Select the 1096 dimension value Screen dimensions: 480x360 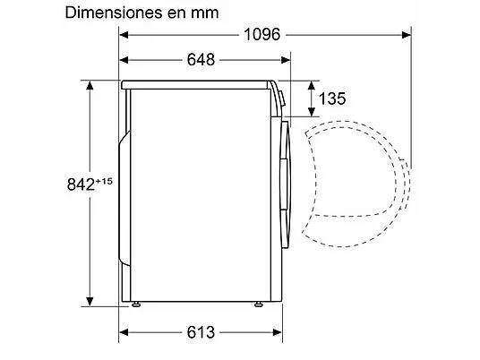point(262,34)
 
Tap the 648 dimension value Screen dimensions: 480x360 point(201,59)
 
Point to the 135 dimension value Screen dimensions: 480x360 point(332,99)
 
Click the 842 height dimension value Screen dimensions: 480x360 point(81,184)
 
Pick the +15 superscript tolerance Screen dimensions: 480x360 point(104,181)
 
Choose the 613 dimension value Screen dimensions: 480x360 point(201,332)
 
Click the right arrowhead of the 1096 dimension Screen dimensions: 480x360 point(407,35)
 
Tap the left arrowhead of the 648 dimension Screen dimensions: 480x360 point(124,60)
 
